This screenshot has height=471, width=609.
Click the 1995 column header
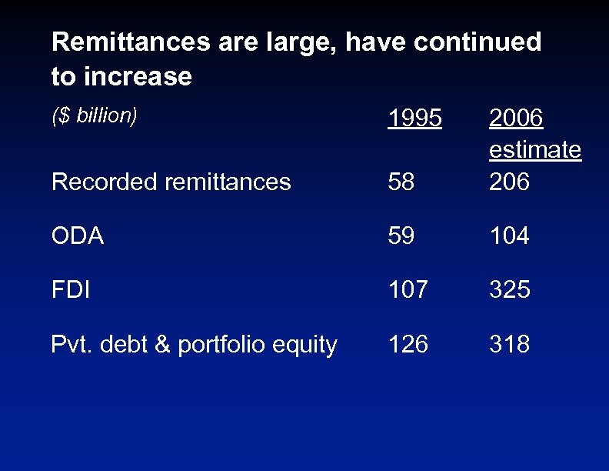(x=415, y=119)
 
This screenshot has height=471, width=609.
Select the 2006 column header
(x=516, y=119)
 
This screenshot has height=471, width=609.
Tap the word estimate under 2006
(x=535, y=150)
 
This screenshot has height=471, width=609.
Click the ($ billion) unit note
(x=95, y=115)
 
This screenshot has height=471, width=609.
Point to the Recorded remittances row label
(x=171, y=182)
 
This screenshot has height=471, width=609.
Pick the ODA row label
(x=77, y=235)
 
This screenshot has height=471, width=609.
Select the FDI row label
(x=70, y=290)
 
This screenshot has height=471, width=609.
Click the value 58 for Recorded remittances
(x=401, y=182)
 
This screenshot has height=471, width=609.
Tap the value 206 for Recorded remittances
(x=509, y=182)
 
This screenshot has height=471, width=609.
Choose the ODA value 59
(x=401, y=235)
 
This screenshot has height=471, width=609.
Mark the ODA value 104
(x=509, y=235)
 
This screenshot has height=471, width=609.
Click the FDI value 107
(x=408, y=290)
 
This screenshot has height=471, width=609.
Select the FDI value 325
(x=509, y=290)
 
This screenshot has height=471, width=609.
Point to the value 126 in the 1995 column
(x=408, y=344)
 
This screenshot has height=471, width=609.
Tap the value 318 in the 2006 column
(x=509, y=344)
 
